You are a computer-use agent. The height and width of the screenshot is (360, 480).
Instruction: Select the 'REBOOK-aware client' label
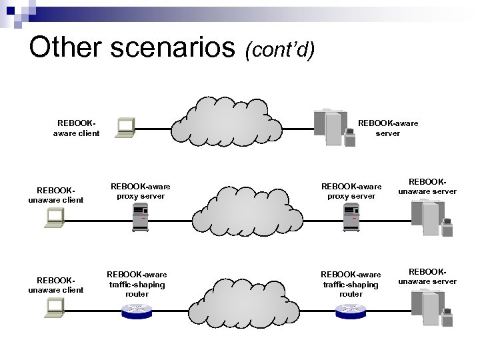point(76,128)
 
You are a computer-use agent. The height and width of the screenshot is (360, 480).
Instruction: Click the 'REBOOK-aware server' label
point(388,128)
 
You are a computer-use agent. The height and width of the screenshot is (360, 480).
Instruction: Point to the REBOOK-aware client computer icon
point(125,127)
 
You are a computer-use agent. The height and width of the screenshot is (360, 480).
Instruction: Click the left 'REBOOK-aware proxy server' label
point(140,191)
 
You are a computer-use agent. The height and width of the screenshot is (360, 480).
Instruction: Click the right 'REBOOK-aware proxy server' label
point(351,191)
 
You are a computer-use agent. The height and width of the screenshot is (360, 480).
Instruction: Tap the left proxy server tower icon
point(141,218)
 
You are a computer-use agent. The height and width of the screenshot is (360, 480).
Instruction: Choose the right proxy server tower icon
point(351,218)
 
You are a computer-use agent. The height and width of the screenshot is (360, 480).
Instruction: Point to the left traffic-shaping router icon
point(137,310)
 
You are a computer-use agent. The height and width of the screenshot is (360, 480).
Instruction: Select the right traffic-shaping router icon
point(351,310)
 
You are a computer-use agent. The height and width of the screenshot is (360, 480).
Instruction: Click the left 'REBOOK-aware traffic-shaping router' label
point(137,284)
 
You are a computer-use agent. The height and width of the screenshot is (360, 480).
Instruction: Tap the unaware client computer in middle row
point(54,218)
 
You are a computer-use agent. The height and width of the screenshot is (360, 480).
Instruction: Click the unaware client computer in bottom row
point(54,307)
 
